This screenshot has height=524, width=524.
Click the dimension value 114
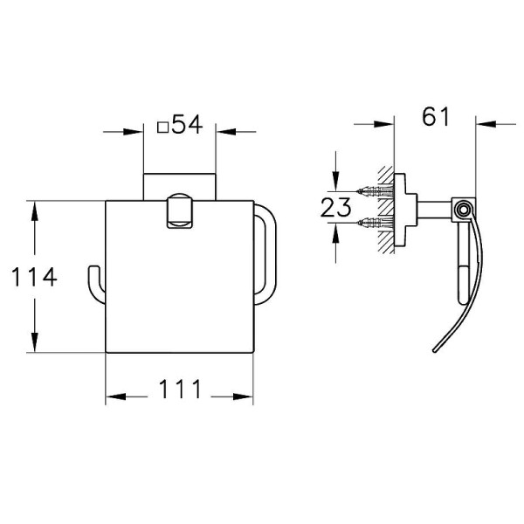coord(34,277)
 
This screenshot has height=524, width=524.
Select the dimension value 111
coord(180,389)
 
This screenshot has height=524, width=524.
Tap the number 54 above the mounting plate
coord(188,124)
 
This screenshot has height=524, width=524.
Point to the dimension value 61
coord(436,117)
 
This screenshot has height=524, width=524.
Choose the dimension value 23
coord(335,207)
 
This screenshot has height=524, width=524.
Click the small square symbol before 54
coord(162,128)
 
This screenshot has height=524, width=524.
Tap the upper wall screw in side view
coord(375,191)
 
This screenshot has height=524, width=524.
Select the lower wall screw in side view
coord(375,222)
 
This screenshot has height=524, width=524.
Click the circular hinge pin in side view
coord(463,210)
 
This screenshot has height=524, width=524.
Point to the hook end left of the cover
coord(94,284)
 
